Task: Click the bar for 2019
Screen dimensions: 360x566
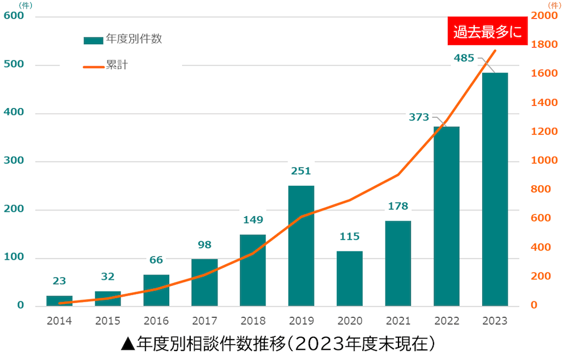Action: [301, 246]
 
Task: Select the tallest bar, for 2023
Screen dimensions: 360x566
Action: [495, 190]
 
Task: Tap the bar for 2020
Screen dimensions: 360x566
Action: [349, 278]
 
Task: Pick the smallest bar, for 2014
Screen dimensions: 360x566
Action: [59, 301]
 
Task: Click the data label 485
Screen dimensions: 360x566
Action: [464, 58]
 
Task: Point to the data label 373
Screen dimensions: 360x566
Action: [419, 117]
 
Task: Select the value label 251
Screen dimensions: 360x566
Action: [301, 171]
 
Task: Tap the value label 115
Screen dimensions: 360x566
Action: [349, 237]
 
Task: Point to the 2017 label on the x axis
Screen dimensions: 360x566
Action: [204, 321]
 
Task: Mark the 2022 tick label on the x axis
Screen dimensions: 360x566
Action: [447, 321]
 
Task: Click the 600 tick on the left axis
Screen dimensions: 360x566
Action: [14, 16]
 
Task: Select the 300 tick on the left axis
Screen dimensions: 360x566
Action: [14, 161]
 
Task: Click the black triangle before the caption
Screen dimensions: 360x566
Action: [127, 344]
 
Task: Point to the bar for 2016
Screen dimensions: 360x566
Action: [156, 290]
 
